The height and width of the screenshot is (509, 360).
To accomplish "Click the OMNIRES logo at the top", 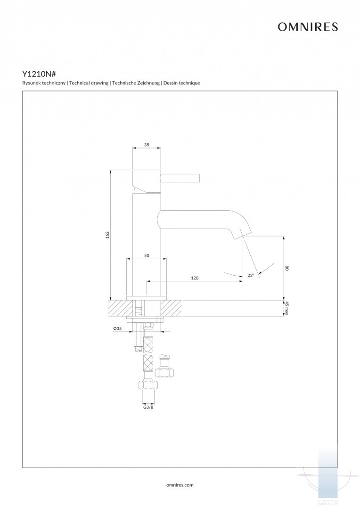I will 307,27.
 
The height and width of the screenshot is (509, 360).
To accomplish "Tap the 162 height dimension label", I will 107,234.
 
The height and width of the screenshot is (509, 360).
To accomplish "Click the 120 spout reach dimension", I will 195,278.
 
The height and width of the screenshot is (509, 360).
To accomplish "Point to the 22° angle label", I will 251,275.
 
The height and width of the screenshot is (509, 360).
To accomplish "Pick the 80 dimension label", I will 286,268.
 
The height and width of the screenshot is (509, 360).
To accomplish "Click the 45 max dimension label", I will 286,309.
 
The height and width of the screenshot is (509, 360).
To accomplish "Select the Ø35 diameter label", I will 117,328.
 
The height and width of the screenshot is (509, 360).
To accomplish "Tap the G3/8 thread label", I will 148,407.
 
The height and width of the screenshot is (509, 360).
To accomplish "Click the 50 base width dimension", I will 147,255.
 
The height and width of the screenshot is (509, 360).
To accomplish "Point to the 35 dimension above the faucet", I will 147,145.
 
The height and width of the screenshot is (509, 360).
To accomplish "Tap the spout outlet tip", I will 244,232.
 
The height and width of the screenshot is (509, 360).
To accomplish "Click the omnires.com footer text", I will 180,484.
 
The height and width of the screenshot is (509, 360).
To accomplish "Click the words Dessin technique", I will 182,83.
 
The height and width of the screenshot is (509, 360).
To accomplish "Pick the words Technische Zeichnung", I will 136,83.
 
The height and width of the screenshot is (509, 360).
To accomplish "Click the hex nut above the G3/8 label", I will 148,386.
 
